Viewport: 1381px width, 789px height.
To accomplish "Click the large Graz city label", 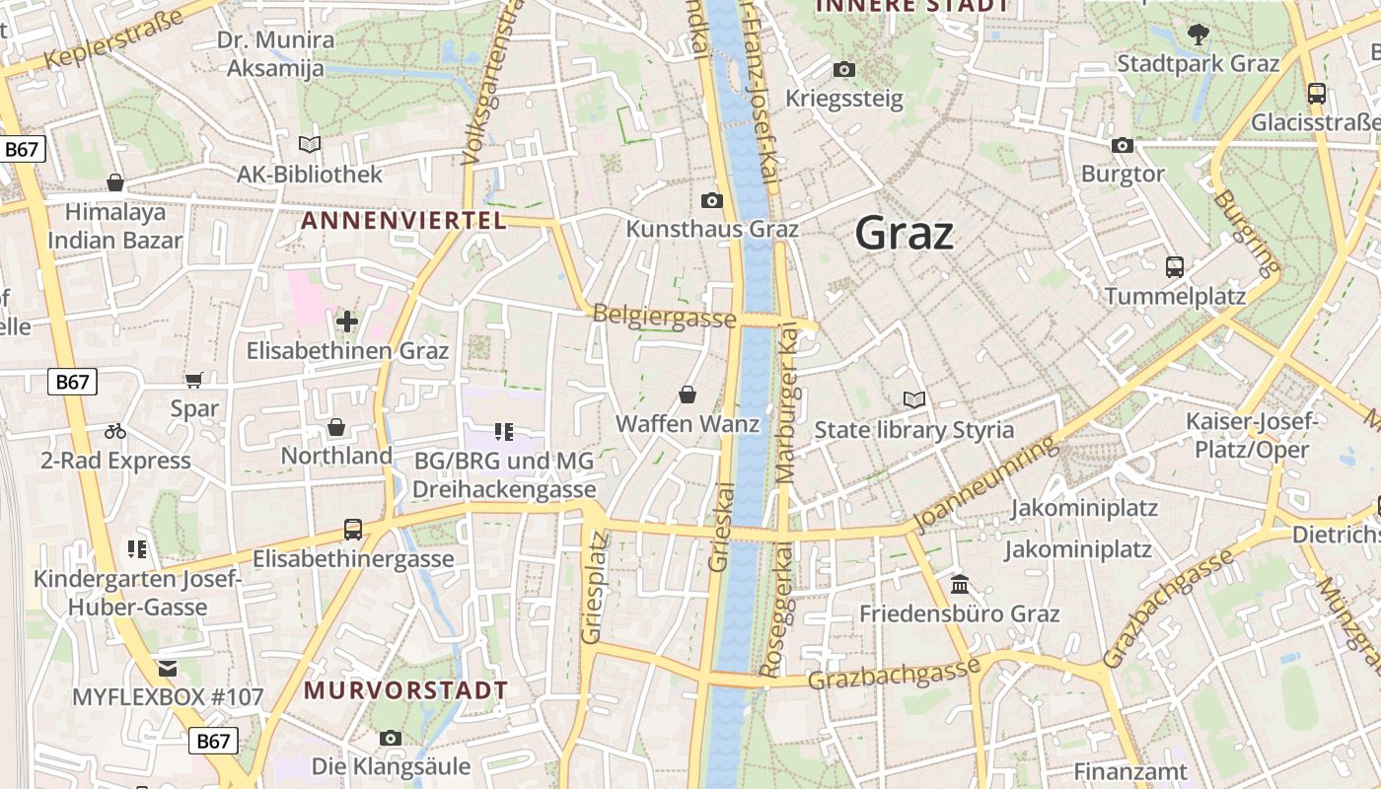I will click(904, 234).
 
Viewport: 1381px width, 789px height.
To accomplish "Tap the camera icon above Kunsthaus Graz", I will click(711, 200).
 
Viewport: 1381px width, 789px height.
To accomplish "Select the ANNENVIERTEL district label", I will click(403, 220).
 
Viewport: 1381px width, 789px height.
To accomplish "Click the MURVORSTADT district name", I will click(405, 689).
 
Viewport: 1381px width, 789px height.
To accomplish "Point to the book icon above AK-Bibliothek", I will click(310, 145).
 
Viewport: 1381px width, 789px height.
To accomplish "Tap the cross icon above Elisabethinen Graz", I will click(346, 322).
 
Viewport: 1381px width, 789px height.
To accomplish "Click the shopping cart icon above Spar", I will click(194, 380).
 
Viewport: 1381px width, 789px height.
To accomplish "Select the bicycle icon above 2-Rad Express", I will click(115, 431).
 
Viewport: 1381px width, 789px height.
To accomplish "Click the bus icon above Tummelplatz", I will click(1174, 266).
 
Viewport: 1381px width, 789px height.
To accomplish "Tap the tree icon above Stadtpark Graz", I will click(1198, 35).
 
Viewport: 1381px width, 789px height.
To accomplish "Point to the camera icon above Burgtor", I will click(1122, 145).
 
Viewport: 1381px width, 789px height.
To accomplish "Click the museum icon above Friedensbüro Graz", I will click(959, 585).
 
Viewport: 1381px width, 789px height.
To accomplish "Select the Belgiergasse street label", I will click(664, 317).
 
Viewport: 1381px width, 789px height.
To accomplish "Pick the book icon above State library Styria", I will click(913, 400).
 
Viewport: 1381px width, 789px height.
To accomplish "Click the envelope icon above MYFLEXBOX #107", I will click(168, 669).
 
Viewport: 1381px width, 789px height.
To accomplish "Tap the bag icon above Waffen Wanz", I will click(688, 394).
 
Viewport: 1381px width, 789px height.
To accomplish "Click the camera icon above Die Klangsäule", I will click(391, 738).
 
